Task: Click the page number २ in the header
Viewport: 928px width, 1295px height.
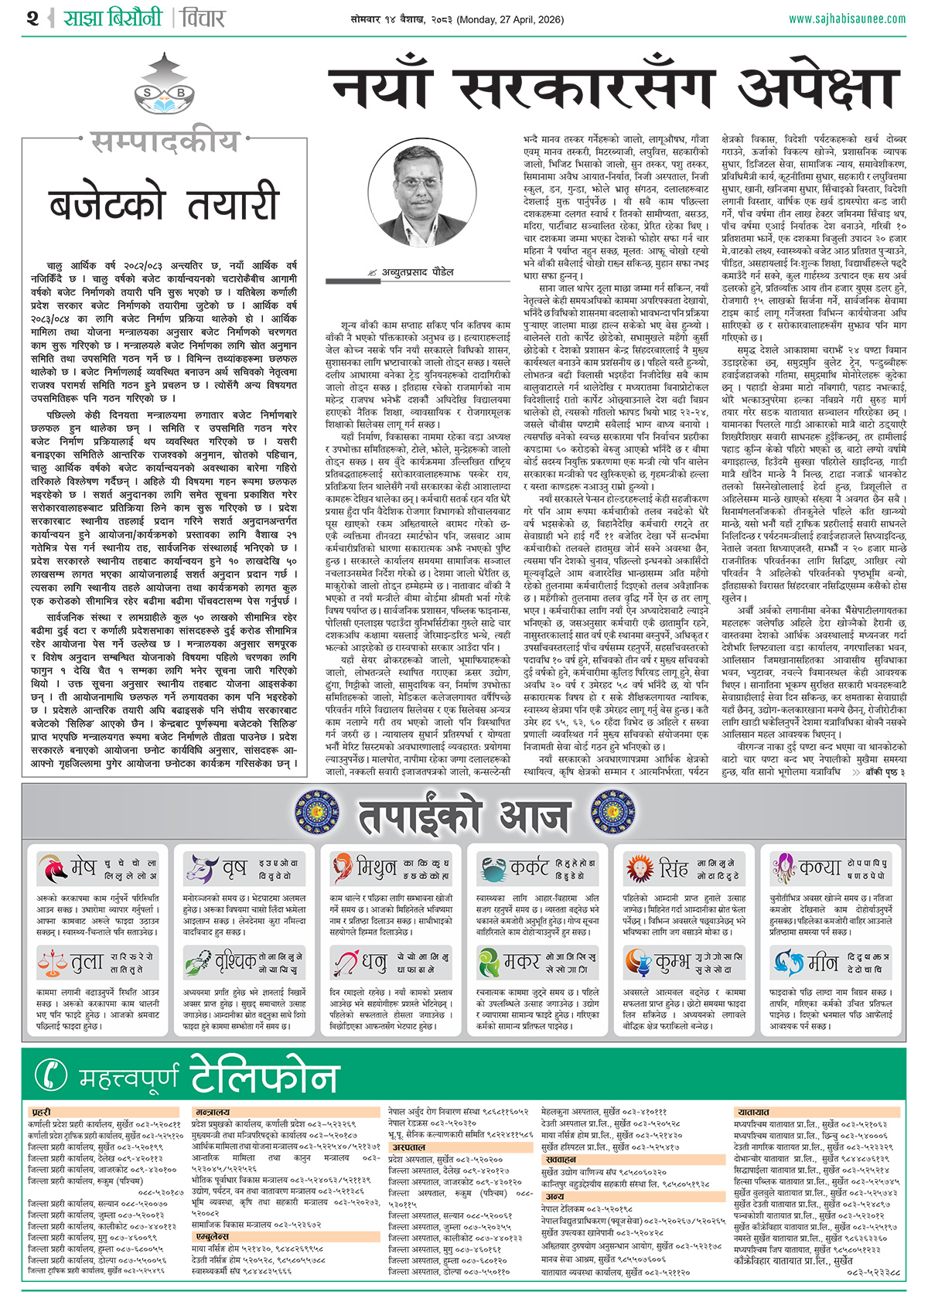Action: (32, 18)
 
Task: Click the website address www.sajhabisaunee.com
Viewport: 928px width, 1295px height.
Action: (846, 19)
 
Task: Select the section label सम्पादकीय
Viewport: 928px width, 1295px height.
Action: (165, 141)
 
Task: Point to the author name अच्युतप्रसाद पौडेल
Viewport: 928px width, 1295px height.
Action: (418, 272)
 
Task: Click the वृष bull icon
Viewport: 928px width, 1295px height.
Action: (200, 868)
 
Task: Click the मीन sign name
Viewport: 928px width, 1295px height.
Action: (822, 963)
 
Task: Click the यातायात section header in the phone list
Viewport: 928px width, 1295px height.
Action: (754, 1112)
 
